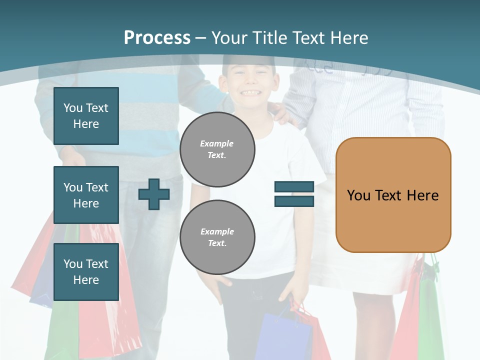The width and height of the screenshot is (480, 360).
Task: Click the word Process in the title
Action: [157, 38]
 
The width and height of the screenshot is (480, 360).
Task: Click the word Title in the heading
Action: [270, 38]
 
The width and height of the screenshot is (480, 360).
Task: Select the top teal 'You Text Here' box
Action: [86, 116]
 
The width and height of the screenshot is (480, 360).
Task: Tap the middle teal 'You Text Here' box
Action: [86, 195]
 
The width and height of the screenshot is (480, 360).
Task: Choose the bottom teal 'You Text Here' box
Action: [86, 272]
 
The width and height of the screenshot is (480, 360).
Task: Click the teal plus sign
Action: [153, 194]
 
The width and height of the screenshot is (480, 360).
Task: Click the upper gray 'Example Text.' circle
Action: [217, 149]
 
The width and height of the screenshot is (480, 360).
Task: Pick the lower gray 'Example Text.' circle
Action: [217, 237]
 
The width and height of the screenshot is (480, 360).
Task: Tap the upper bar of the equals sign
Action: [294, 187]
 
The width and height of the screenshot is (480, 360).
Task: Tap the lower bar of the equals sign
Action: [294, 201]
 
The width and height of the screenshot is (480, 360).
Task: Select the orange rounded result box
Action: [393, 195]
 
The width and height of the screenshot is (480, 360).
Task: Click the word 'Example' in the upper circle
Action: [217, 143]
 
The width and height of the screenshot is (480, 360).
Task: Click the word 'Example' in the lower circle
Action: [217, 231]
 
